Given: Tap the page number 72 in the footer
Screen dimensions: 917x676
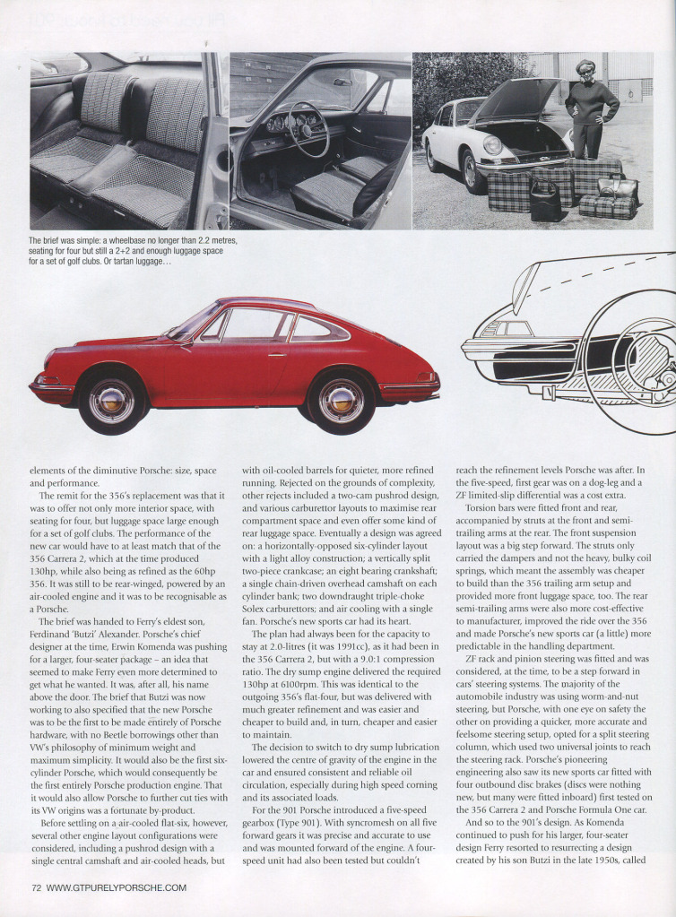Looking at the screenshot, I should click(x=37, y=887).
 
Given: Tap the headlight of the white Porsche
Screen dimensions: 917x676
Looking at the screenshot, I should click(x=492, y=145).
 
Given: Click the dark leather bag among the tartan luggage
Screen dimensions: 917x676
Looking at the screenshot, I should click(x=545, y=201).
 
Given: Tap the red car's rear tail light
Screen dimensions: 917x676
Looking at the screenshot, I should click(x=426, y=377).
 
